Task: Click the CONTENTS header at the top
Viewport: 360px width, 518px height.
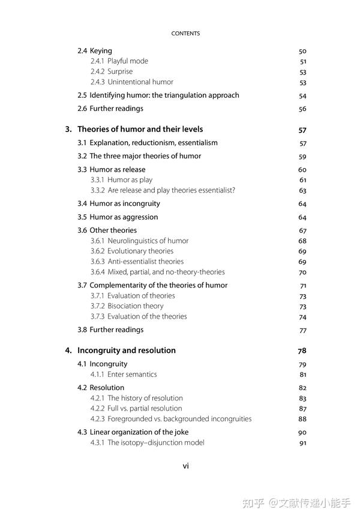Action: pos(185,34)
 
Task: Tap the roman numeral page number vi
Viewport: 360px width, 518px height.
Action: pos(185,466)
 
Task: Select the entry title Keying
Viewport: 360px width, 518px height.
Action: pos(101,51)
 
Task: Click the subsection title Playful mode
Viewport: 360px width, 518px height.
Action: pos(127,61)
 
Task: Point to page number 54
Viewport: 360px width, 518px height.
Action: pos(302,95)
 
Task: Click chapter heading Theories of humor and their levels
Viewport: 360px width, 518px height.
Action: pos(140,129)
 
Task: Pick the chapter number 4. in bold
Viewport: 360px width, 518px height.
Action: pos(68,351)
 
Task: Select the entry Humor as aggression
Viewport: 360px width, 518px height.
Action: pos(124,217)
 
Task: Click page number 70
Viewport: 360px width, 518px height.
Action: pos(302,272)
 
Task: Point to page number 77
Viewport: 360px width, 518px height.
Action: pos(302,330)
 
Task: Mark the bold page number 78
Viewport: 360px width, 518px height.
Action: pos(302,351)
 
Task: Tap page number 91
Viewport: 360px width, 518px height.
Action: pos(302,443)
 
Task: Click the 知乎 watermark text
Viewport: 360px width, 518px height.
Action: pos(254,503)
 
